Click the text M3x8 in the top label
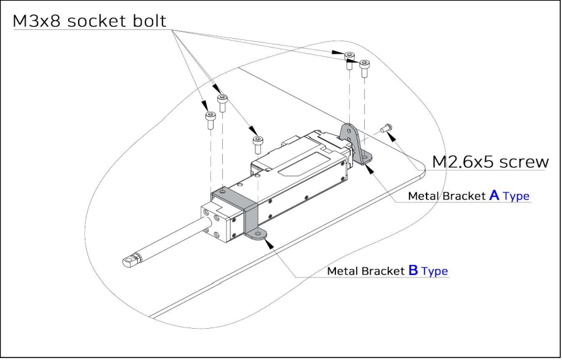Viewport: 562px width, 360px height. pos(36,21)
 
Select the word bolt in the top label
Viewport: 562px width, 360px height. pos(149,21)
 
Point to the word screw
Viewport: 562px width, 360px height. pos(525,161)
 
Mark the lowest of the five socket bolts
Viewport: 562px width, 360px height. pos(257,142)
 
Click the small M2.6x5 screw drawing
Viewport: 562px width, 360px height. pos(385,128)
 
